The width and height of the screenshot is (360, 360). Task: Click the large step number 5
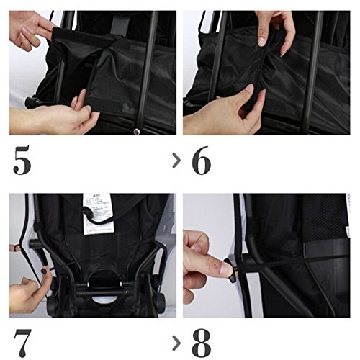[x=22, y=160]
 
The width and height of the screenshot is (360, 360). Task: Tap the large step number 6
[x=201, y=160]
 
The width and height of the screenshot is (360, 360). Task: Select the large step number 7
[x=22, y=343]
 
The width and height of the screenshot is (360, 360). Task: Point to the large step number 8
[x=201, y=343]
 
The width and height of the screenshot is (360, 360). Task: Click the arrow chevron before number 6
[x=176, y=160]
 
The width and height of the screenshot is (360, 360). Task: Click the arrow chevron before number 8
[x=176, y=343]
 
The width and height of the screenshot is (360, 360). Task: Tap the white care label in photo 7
[x=97, y=214]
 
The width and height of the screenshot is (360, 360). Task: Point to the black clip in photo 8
[x=233, y=271]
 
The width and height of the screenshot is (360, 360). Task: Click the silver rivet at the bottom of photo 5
[x=137, y=131]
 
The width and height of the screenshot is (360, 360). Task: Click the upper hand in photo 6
[x=276, y=30]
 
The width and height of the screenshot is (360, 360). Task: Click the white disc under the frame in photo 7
[x=105, y=299]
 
